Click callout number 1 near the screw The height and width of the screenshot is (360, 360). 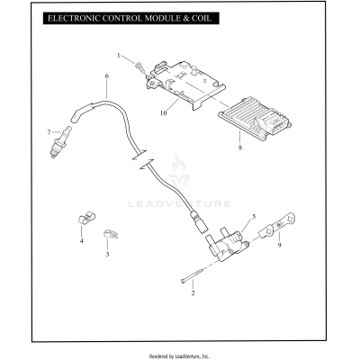(118, 56)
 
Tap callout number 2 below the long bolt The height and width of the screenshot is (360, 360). (192, 293)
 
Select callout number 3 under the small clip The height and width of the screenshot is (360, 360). (107, 255)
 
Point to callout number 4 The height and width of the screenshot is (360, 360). (81, 242)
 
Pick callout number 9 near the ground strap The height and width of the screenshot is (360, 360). (253, 244)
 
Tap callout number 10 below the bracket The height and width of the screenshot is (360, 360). (164, 114)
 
